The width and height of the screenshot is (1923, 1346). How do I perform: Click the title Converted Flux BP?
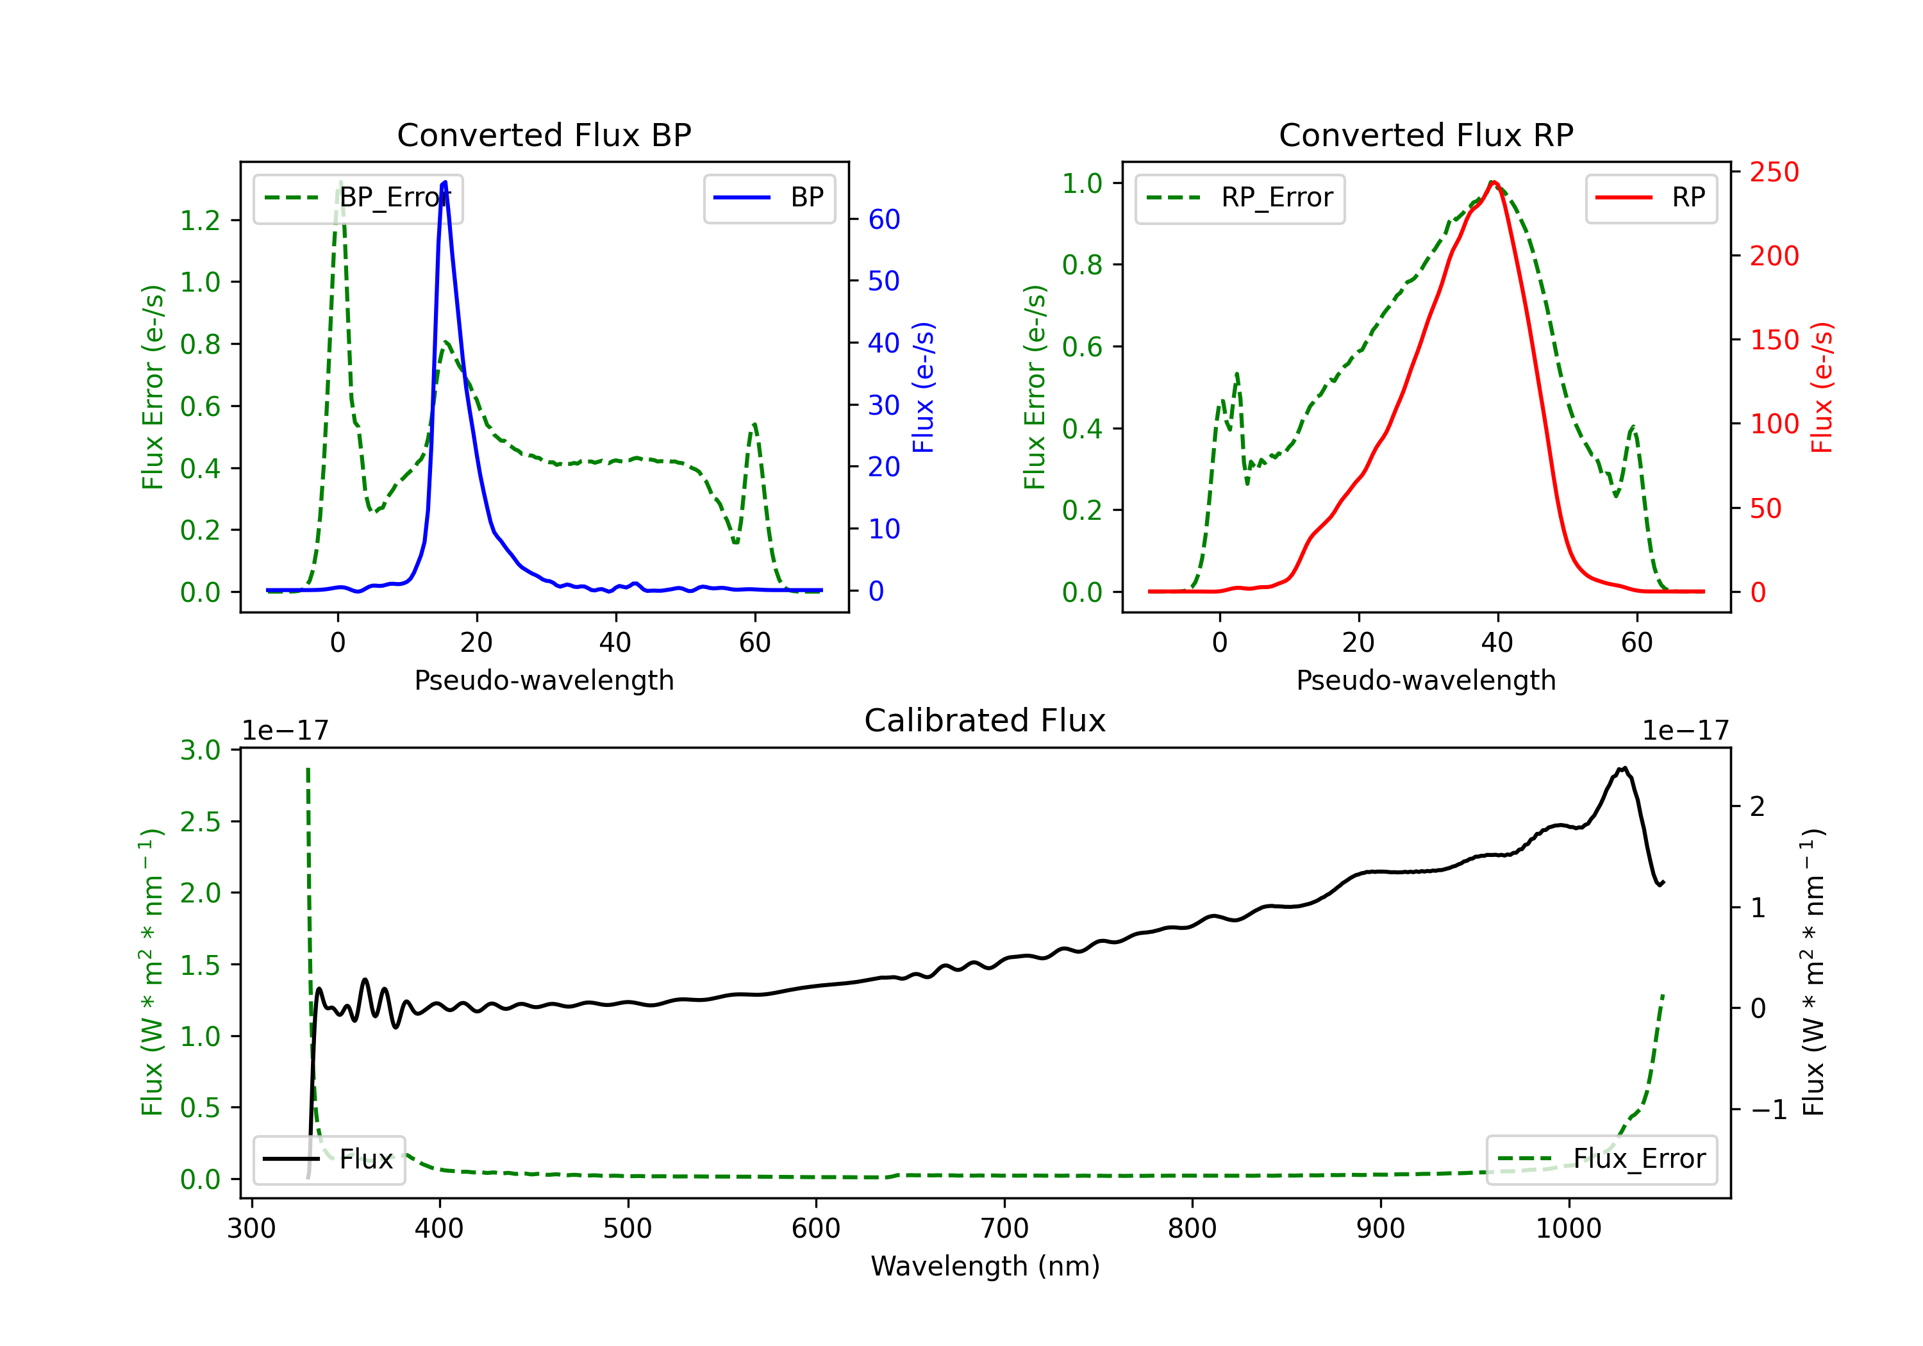(x=544, y=135)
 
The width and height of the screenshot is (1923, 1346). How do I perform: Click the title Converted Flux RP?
(x=1426, y=135)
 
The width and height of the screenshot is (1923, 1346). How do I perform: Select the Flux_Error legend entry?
(x=1601, y=1159)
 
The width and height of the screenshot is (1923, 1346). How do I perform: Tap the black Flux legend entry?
(x=329, y=1159)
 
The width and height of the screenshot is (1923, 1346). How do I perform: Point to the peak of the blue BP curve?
(x=444, y=182)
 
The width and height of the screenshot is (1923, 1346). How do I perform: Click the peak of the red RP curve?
(x=1494, y=182)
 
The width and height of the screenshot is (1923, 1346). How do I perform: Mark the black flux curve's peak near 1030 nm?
(x=1623, y=768)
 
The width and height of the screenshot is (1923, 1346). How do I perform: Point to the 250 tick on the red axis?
(x=1774, y=172)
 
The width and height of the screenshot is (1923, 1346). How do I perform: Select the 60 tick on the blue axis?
(x=883, y=219)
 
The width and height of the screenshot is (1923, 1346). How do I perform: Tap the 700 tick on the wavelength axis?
(x=1004, y=1229)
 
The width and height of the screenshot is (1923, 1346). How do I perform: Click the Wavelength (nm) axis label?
(x=985, y=1266)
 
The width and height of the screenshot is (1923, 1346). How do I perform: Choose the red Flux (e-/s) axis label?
(x=1822, y=387)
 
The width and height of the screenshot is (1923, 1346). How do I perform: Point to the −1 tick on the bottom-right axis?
(x=1768, y=1109)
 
